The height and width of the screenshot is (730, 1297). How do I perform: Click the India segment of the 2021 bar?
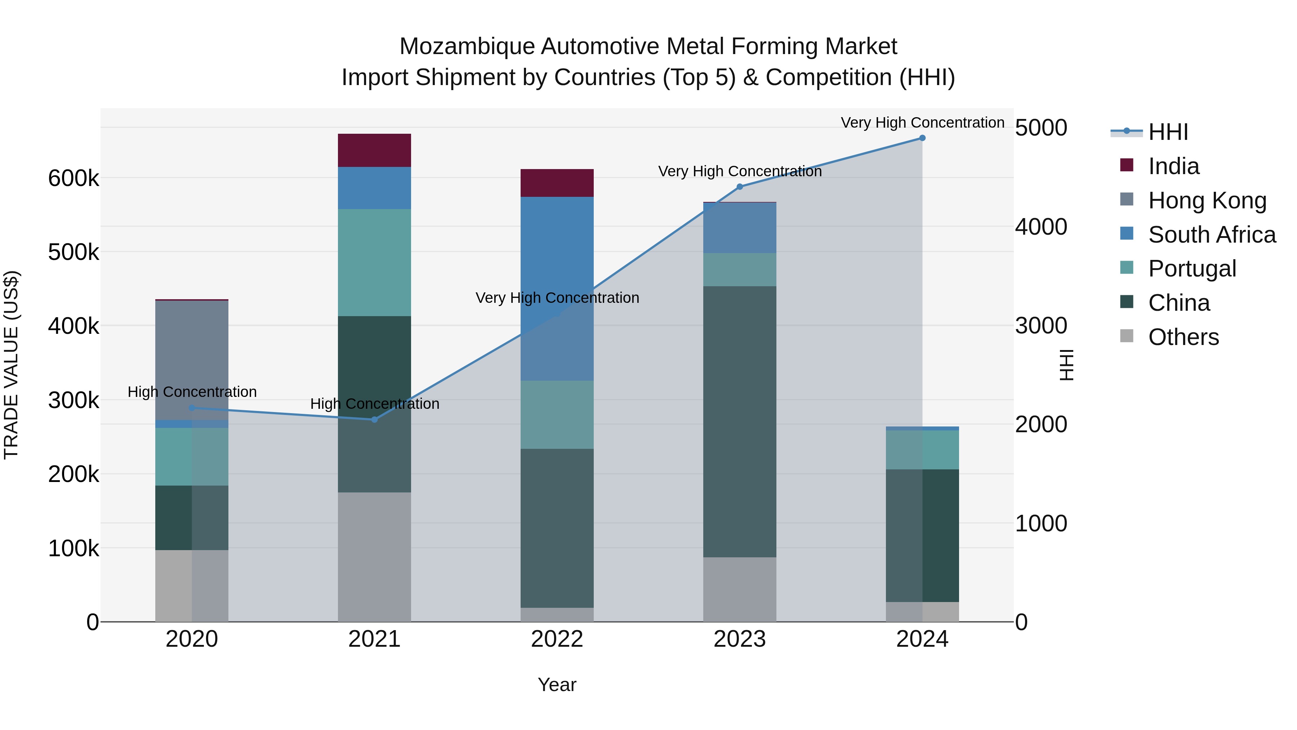pos(374,150)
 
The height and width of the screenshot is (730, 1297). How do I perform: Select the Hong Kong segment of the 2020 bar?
pos(191,360)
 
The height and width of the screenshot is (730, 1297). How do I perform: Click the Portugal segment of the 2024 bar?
pos(922,450)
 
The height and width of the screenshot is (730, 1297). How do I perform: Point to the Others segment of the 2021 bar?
pos(374,556)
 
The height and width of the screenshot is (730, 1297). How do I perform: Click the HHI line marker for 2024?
pos(922,138)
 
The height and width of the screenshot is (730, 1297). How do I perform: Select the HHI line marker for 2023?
pos(739,187)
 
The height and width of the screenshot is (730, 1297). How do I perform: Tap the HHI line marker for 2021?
pos(374,419)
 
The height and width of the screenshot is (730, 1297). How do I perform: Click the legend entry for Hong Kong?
pos(1207,200)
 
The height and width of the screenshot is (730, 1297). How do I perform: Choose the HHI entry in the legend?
pos(1168,132)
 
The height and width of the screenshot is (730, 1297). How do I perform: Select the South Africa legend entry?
pos(1211,235)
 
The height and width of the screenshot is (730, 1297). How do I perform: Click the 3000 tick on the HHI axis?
pos(1040,326)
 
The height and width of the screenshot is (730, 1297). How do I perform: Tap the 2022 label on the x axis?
pos(557,639)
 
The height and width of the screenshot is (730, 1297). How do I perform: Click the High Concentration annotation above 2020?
pos(192,392)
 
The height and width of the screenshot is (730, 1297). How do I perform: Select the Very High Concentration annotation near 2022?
pos(557,298)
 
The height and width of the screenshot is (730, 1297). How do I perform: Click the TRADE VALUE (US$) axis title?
pos(11,365)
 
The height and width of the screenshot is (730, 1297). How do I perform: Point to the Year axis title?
pos(557,685)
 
